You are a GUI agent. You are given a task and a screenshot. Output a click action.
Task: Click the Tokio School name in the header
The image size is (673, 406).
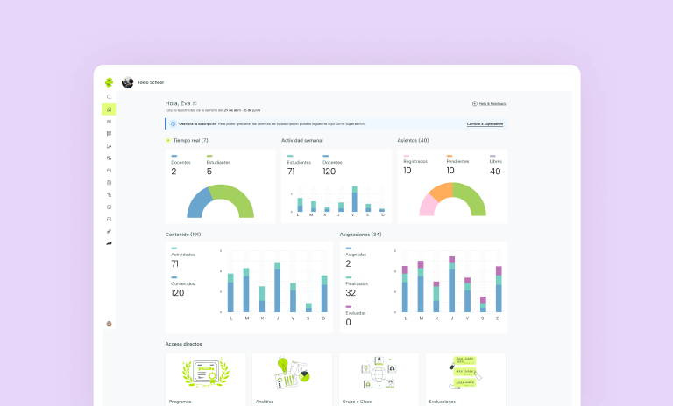[150, 82]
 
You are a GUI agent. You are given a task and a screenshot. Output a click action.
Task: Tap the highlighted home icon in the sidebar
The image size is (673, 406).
[109, 109]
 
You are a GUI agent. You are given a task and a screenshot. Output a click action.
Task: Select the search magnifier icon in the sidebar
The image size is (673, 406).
[109, 97]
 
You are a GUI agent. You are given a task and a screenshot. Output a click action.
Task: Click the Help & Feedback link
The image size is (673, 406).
[489, 103]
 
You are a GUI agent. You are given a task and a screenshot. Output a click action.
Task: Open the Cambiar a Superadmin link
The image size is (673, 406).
[485, 124]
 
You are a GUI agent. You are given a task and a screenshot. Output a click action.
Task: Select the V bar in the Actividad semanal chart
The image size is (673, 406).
[355, 199]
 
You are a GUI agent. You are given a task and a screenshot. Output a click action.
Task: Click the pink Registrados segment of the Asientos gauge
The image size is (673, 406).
[429, 205]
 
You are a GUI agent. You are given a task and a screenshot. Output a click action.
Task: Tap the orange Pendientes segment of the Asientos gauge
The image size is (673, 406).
[439, 190]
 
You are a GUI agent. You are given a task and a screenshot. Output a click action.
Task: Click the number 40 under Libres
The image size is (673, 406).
[495, 171]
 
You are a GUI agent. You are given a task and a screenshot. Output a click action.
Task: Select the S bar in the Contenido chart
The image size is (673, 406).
[308, 307]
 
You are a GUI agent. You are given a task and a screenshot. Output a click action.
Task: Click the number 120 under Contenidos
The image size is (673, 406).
[178, 292]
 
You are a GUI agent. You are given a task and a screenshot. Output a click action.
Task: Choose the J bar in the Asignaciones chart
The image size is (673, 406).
[451, 286]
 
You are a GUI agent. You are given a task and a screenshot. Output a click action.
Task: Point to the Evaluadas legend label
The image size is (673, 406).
[355, 312]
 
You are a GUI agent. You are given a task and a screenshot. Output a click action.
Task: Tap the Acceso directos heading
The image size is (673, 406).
[183, 344]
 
